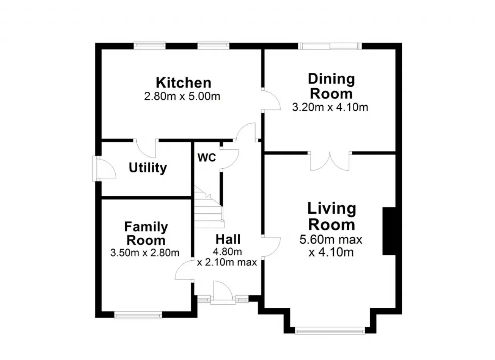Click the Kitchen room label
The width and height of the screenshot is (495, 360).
pos(184,83)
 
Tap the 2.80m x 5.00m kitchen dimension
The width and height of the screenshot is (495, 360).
pos(182,96)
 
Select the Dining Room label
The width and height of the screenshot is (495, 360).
pos(331,86)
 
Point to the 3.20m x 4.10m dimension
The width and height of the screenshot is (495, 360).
pos(330,107)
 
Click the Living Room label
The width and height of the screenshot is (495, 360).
pos(332,216)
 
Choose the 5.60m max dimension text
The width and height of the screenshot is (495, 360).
pos(331,240)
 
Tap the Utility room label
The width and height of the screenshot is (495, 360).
pos(148,168)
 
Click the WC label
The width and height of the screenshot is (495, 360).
pos(207,158)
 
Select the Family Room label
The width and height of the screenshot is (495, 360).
pos(146,233)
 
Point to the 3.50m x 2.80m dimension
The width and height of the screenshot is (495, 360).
pos(145,253)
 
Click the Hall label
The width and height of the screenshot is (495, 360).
pos(228,239)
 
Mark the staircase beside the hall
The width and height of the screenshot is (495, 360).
pos(209,208)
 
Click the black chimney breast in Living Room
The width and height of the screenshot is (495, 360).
pos(389,231)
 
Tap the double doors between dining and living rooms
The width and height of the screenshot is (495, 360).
pos(330,161)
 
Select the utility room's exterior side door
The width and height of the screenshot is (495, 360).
pos(104,168)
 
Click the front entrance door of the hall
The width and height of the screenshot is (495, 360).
pos(223,293)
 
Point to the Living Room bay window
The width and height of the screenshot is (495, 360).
pos(330,331)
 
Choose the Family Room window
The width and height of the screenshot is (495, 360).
pos(138,315)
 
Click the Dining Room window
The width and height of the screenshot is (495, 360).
pos(330,46)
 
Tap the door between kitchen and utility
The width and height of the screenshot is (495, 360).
pos(146,149)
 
